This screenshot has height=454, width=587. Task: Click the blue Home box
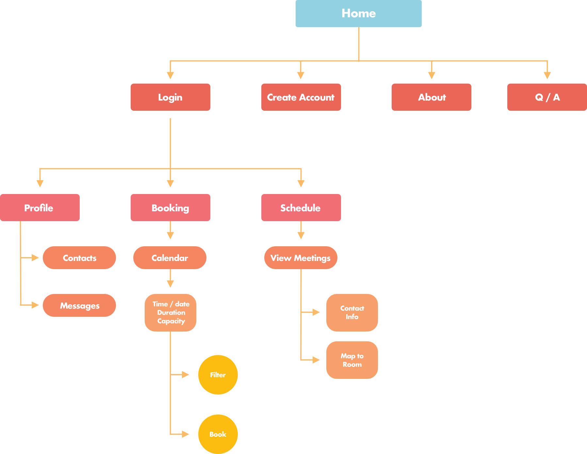click(x=358, y=13)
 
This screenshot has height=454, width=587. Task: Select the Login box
click(x=170, y=97)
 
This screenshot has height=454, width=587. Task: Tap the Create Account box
click(x=301, y=97)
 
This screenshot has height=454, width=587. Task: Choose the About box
click(x=431, y=97)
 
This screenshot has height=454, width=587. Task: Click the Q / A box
click(x=547, y=97)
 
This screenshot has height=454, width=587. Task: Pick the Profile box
click(x=40, y=207)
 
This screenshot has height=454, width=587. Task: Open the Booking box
click(x=170, y=207)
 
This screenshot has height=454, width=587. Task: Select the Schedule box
click(x=301, y=207)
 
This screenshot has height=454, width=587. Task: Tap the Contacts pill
click(x=79, y=258)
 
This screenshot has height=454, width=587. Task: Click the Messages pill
click(x=79, y=305)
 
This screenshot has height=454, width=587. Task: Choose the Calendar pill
click(x=170, y=258)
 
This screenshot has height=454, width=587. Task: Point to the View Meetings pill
click(x=301, y=258)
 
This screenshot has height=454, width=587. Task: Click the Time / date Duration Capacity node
click(x=171, y=313)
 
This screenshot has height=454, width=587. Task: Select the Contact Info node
click(x=352, y=313)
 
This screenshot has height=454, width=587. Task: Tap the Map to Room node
click(x=352, y=360)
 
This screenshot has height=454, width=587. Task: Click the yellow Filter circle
click(x=218, y=375)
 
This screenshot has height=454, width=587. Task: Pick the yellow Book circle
click(x=218, y=434)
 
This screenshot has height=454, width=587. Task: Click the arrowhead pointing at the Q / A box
click(x=547, y=75)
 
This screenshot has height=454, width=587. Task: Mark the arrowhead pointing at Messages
click(x=35, y=305)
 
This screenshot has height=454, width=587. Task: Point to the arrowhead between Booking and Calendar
click(x=170, y=235)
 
